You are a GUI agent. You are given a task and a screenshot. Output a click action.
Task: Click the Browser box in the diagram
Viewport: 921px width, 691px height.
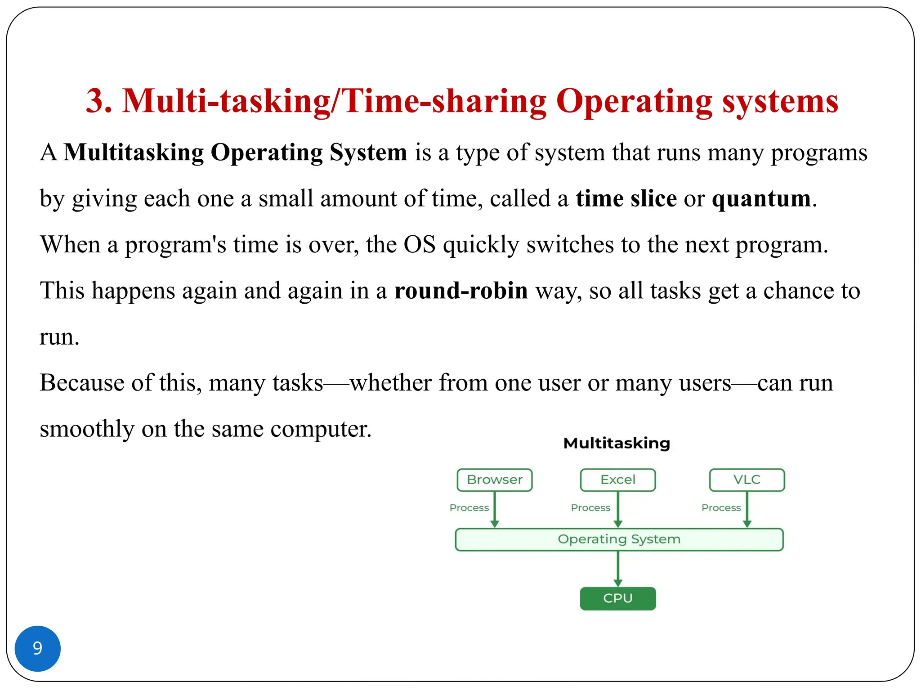[494, 480]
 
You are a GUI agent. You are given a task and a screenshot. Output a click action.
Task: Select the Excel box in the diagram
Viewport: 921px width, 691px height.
[617, 480]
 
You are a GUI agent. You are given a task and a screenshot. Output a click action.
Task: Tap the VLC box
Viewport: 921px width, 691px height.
[747, 480]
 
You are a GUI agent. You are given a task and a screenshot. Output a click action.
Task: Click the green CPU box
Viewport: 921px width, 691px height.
[617, 598]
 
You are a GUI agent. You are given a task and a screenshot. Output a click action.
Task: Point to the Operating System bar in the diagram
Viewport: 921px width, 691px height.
[619, 539]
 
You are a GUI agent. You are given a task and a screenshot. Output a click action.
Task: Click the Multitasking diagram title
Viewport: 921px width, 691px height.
[617, 443]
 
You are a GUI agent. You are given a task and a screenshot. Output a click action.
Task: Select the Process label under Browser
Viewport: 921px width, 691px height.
[469, 507]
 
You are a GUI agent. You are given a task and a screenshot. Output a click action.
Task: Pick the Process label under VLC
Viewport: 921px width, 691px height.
[721, 507]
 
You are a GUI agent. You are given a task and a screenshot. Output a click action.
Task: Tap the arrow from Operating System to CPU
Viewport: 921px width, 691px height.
[618, 569]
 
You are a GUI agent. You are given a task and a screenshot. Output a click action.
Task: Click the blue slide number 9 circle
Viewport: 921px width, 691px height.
[38, 648]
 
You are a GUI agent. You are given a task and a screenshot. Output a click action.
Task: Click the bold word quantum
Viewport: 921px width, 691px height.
[761, 198]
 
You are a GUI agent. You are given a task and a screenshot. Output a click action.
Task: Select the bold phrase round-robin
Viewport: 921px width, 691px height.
[461, 291]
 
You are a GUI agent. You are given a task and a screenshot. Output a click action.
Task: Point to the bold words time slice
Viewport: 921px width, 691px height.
[626, 198]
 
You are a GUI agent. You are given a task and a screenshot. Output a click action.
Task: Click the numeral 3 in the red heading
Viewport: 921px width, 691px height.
[98, 101]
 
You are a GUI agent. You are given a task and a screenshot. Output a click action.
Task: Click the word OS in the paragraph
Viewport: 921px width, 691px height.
[419, 245]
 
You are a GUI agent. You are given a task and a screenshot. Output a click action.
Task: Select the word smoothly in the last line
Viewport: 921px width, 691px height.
[87, 429]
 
